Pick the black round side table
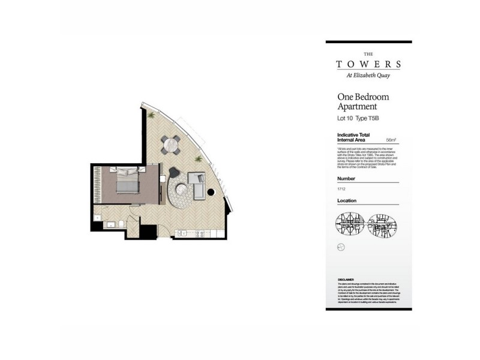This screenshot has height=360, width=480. (x=211, y=193)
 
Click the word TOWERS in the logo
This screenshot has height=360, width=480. (x=368, y=64)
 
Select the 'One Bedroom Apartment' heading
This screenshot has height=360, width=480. (x=364, y=101)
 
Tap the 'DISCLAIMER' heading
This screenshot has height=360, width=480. (x=346, y=279)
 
